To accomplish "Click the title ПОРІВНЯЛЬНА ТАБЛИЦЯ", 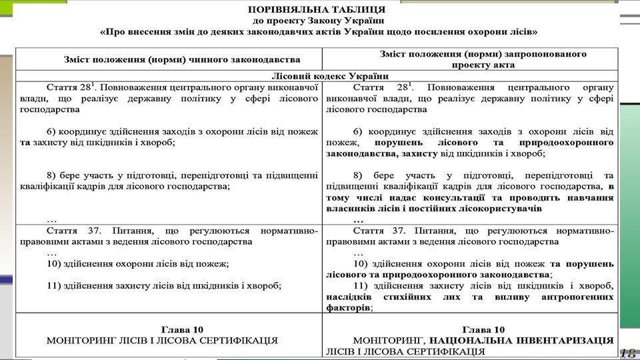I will [x=316, y=10].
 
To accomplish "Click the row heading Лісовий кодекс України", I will [x=321, y=76].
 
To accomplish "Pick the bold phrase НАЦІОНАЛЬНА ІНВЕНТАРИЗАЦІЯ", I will [x=521, y=340].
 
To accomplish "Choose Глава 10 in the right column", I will [x=482, y=329].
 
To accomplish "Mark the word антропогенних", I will [x=574, y=297].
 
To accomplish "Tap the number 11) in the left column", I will [x=55, y=285].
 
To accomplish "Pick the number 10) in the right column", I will [x=361, y=264].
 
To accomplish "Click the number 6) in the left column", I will [x=53, y=131].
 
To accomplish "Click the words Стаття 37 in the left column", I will [x=71, y=231].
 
